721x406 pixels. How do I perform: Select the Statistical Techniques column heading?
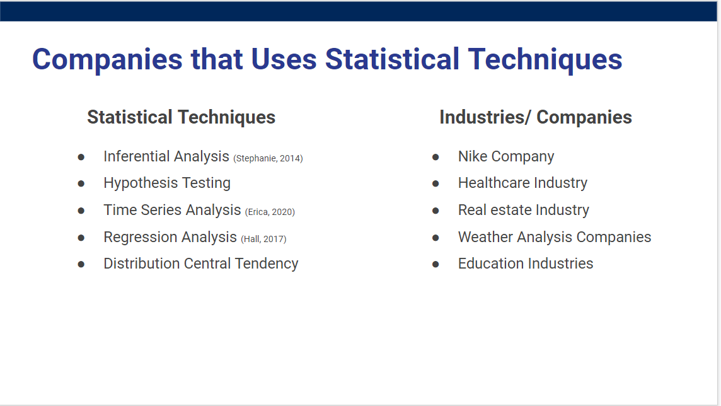[181, 117]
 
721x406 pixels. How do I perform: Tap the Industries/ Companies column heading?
[536, 117]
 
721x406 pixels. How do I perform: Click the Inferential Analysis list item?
[166, 157]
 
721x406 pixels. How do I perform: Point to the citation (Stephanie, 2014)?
[268, 158]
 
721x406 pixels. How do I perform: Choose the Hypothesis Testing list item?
[167, 183]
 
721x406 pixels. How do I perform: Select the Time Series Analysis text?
[172, 210]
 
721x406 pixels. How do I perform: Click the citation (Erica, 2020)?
[270, 212]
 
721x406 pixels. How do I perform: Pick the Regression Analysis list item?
[170, 237]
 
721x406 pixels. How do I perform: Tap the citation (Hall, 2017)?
[263, 239]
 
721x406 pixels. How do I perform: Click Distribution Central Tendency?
[201, 264]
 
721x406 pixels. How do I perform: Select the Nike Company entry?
[506, 157]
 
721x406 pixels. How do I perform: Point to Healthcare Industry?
[522, 183]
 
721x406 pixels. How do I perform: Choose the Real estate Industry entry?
[523, 210]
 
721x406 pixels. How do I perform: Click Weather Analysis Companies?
[555, 237]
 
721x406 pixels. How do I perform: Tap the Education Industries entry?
[526, 264]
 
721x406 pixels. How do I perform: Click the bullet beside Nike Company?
[435, 157]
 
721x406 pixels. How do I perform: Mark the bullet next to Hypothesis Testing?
[81, 184]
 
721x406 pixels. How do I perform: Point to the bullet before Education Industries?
[435, 264]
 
